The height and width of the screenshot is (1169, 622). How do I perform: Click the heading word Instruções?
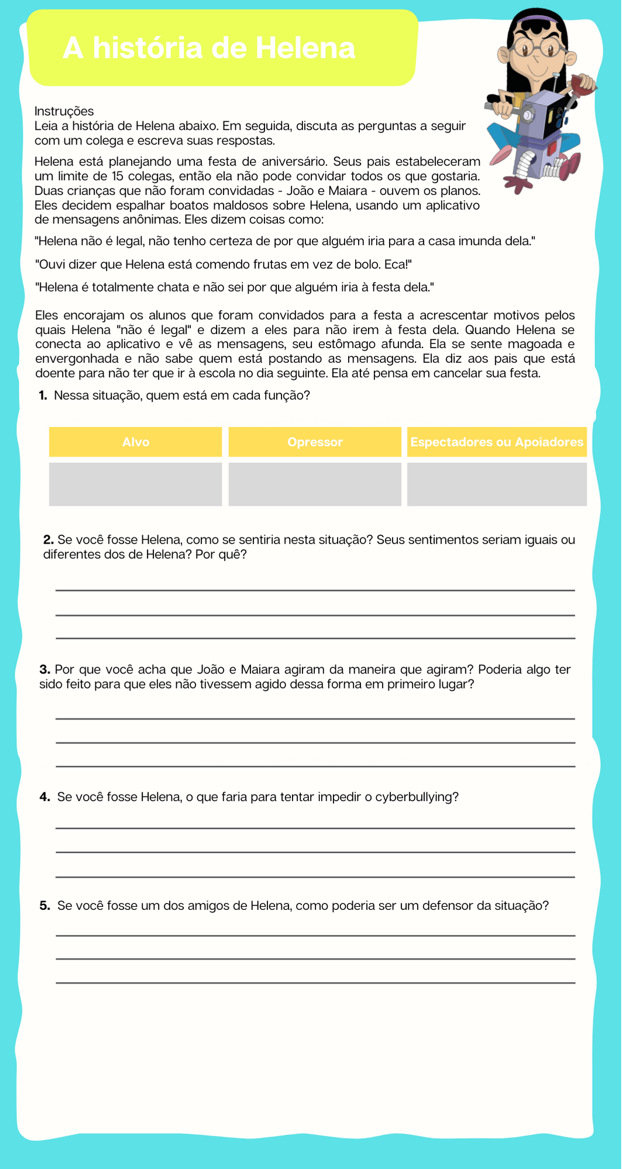point(64,111)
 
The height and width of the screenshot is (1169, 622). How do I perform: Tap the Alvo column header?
point(136,442)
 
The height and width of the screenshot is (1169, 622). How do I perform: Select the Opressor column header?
point(315,442)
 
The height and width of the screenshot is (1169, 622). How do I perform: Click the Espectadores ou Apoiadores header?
point(497,442)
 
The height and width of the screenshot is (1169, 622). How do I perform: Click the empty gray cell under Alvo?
point(136,484)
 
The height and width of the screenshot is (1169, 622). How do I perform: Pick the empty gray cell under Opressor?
point(315,484)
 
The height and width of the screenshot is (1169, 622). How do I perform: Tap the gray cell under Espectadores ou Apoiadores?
point(497,484)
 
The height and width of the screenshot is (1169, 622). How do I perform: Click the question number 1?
point(43,396)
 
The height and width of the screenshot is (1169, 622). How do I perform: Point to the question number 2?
point(48,539)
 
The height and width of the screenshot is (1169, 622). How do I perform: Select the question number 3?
point(44,669)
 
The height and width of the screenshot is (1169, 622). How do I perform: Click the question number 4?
point(44,797)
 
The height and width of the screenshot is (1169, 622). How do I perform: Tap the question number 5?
point(44,906)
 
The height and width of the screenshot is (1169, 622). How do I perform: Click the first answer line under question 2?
point(315,590)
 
